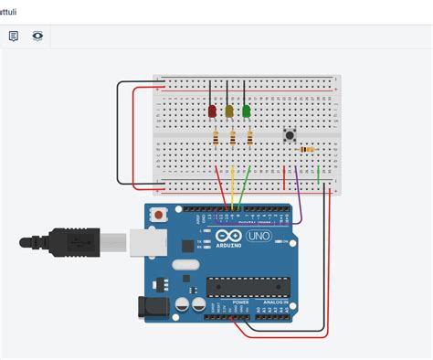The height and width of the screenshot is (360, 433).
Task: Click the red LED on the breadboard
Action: tap(212, 111)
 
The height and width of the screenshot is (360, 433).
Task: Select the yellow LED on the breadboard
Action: tap(229, 111)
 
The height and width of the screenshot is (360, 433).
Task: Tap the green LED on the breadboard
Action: tap(246, 111)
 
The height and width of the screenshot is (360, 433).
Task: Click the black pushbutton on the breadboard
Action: tap(291, 135)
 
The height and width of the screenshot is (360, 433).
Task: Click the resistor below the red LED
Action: tap(216, 139)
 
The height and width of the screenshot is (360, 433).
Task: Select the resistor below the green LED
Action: tap(249, 139)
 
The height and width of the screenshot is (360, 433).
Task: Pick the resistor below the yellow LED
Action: tap(233, 139)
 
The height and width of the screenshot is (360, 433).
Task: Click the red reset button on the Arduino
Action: tap(160, 216)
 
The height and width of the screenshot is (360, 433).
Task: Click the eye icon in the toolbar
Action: tap(37, 36)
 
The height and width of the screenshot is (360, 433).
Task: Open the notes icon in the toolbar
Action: tap(14, 36)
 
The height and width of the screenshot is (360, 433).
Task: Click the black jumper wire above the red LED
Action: tap(210, 91)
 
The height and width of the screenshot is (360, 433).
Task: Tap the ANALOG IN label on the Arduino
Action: tap(276, 301)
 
